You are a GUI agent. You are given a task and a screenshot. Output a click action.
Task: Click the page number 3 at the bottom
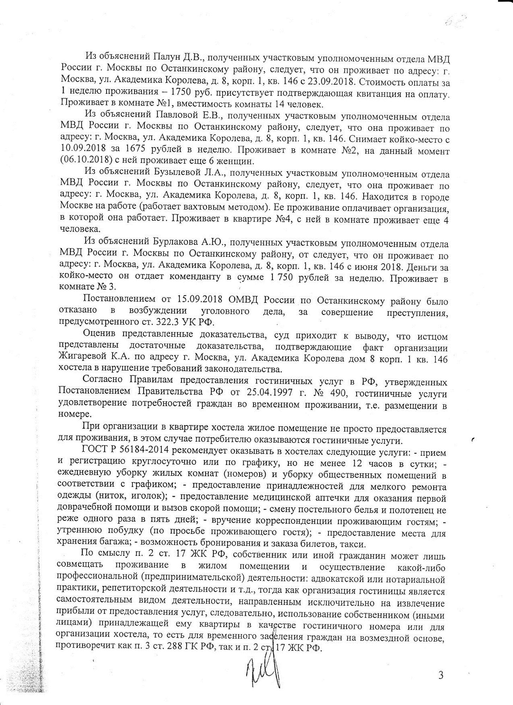(x=440, y=675)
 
